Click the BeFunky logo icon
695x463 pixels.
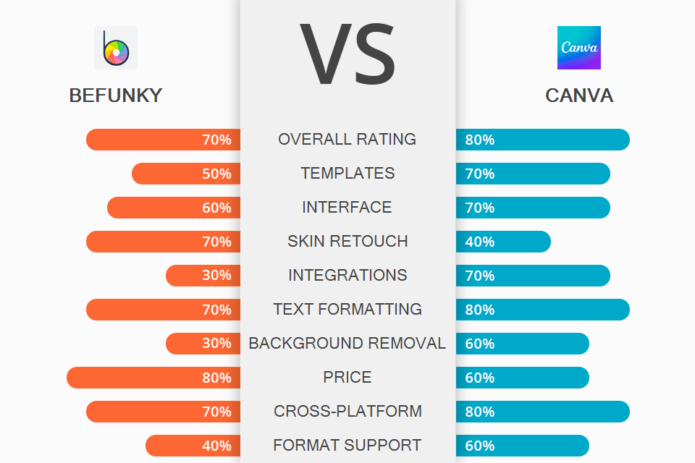[x=116, y=48]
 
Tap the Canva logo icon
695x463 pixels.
[x=578, y=48]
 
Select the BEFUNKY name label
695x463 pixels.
[x=116, y=95]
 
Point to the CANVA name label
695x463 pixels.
[x=579, y=95]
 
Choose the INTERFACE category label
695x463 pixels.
[x=347, y=208]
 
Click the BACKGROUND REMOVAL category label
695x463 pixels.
[x=347, y=344]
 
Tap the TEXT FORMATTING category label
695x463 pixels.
[x=347, y=310]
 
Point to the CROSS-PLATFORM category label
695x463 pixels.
[x=347, y=412]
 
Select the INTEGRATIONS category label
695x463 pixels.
[x=347, y=276]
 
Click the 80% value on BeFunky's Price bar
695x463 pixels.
[x=216, y=378]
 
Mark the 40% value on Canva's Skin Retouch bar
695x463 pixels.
[x=479, y=242]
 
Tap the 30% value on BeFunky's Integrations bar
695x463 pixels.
[x=216, y=276]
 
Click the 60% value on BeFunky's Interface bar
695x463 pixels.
[x=216, y=208]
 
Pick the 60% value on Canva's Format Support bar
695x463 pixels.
[x=479, y=446]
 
